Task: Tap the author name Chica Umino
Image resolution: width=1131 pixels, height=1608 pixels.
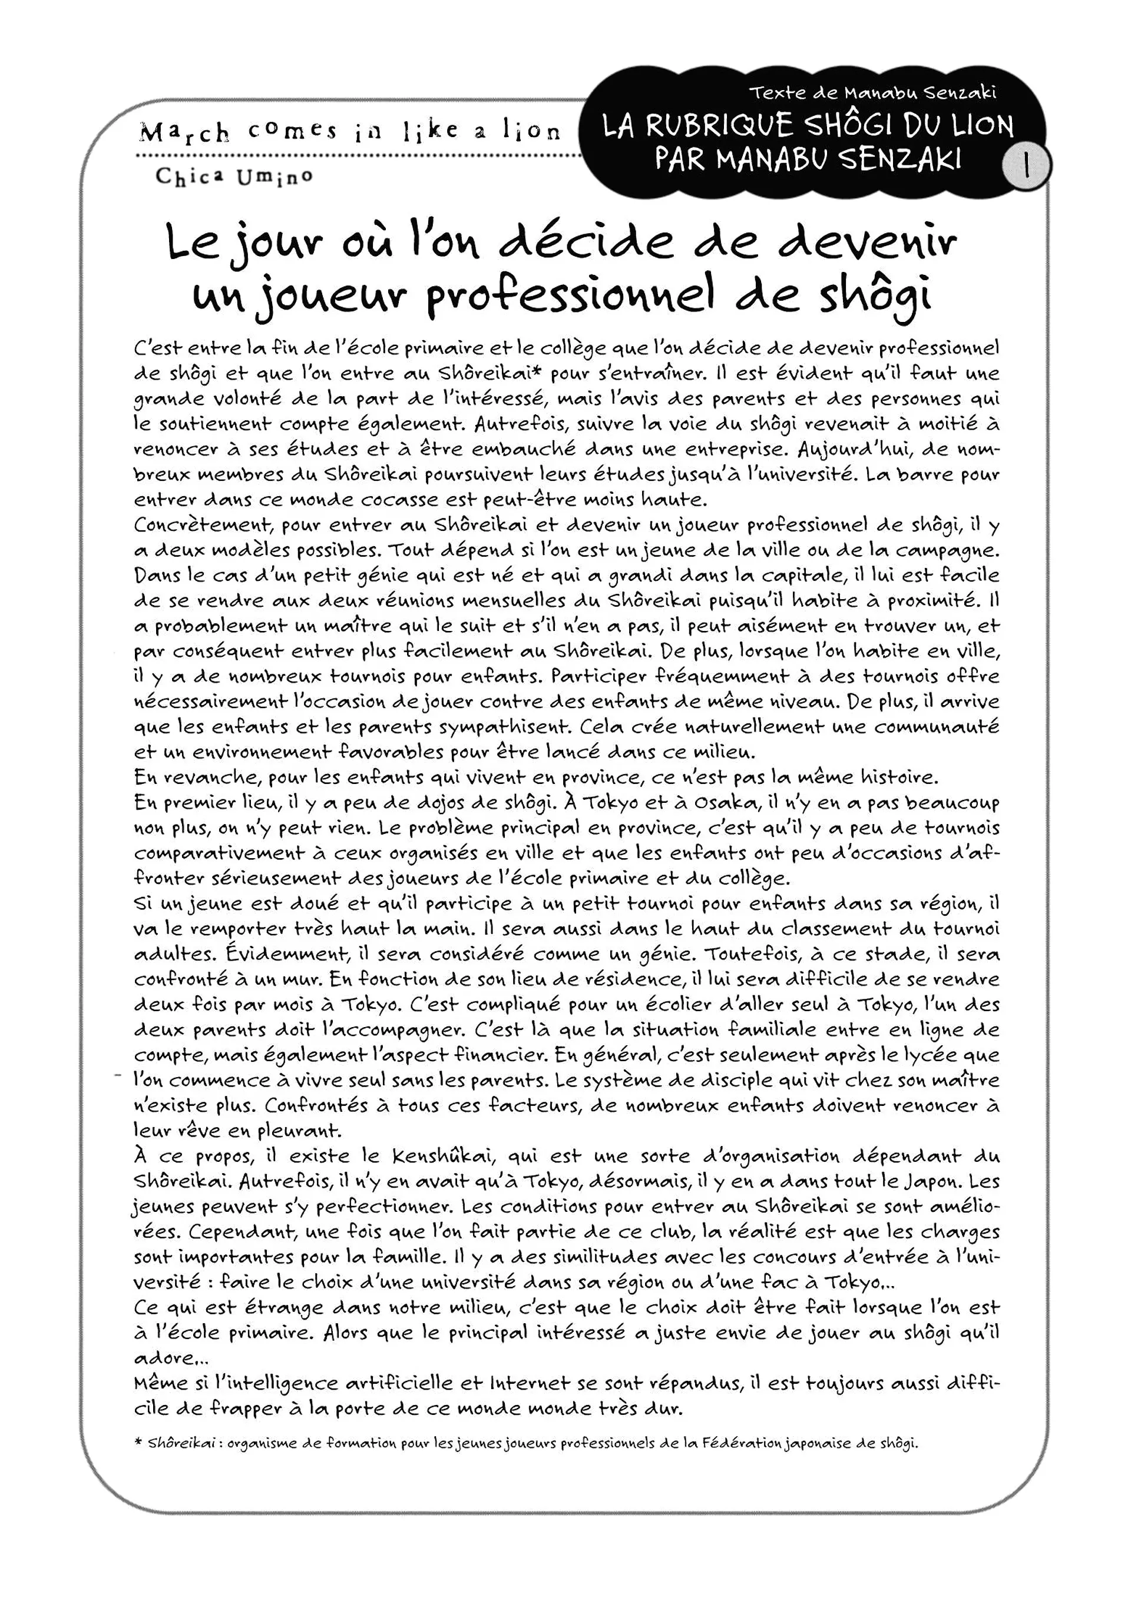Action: (234, 177)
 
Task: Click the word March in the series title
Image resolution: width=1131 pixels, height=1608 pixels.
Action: (184, 132)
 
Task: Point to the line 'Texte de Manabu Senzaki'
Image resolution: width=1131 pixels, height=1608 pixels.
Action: (872, 92)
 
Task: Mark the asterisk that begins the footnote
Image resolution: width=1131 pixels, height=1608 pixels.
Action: (139, 1443)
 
